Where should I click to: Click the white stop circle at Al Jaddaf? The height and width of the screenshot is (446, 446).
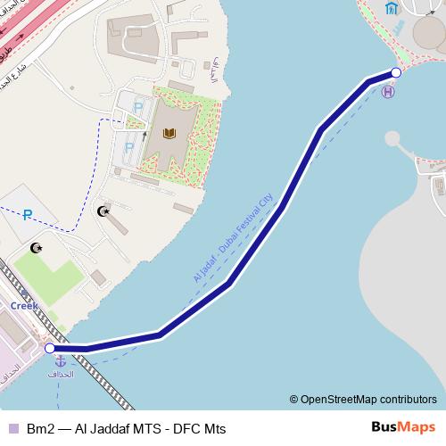50,349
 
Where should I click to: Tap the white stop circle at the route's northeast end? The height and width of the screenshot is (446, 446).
396,72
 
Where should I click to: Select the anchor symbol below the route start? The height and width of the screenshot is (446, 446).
61,362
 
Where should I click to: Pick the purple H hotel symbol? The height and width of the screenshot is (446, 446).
387,91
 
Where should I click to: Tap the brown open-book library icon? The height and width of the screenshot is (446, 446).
169,134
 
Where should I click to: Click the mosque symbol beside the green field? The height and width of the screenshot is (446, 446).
36,247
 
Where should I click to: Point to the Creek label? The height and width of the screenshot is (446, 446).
24,305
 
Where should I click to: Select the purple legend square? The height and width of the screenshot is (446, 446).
12,429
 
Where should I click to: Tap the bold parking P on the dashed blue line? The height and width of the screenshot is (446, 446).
28,214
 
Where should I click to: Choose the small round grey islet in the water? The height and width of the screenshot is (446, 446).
393,138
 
